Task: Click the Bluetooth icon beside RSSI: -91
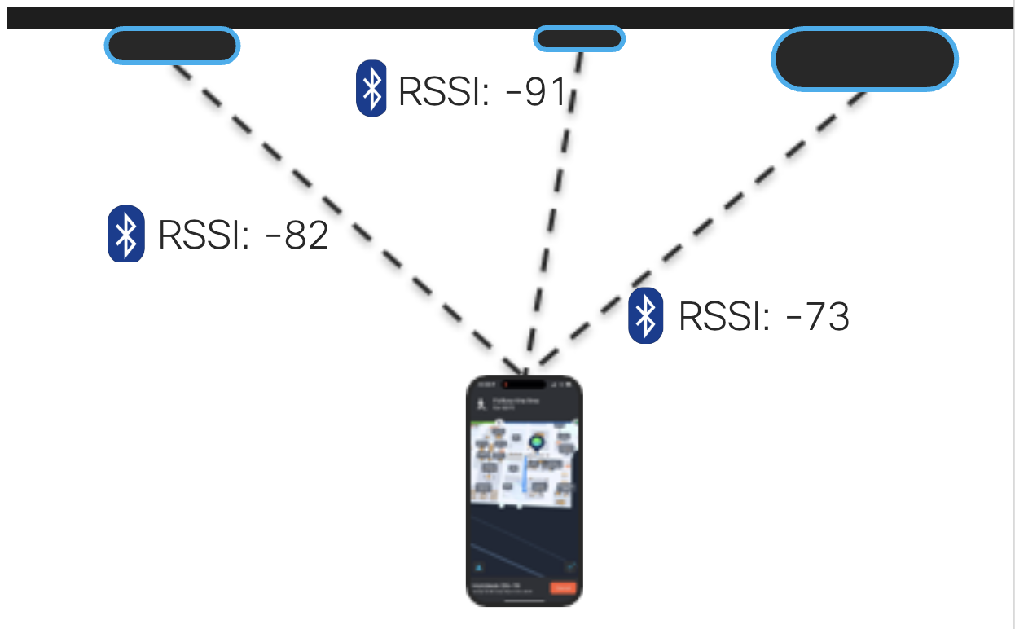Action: coord(372,87)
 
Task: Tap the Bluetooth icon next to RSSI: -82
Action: coord(126,234)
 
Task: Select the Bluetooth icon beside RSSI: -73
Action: coord(646,315)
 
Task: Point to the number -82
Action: coord(297,235)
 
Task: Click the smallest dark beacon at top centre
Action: coord(579,38)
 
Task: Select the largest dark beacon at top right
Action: coord(864,59)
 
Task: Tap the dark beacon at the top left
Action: coord(172,46)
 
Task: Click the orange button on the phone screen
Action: coord(563,588)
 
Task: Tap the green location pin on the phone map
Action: coord(537,442)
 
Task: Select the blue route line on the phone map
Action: coord(524,481)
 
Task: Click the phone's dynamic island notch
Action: coord(525,384)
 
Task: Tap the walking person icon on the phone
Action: coord(481,402)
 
